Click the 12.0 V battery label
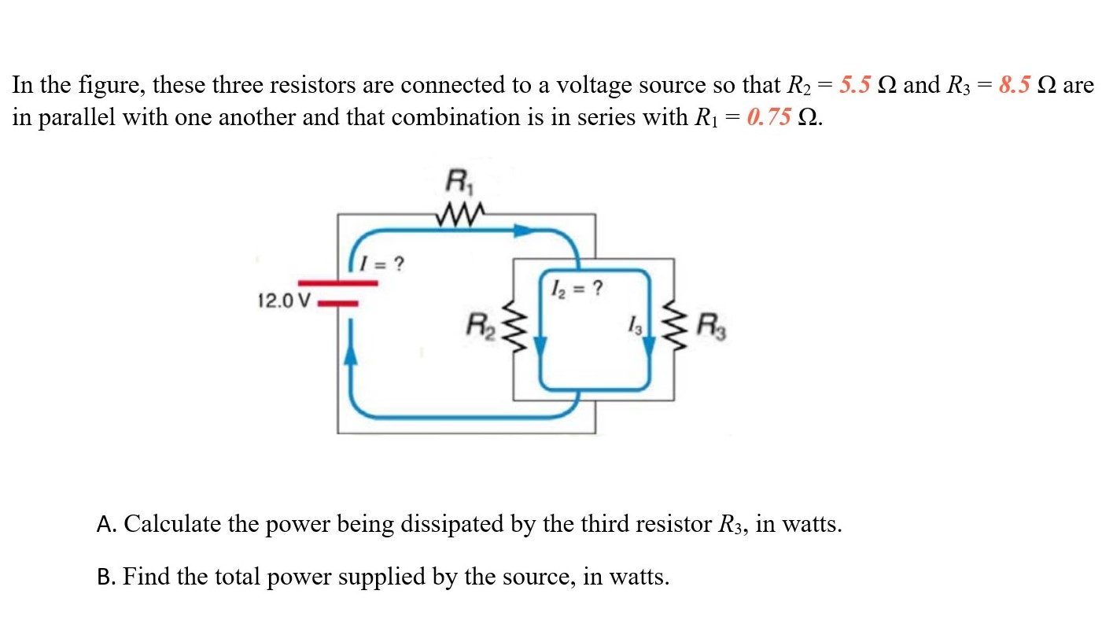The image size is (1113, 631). click(x=284, y=301)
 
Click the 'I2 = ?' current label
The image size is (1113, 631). click(x=580, y=288)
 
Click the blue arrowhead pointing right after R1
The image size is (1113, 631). click(x=522, y=231)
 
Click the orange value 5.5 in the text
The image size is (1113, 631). click(x=854, y=85)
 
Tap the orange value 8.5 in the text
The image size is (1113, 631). click(x=1014, y=85)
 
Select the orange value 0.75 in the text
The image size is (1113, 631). click(x=768, y=118)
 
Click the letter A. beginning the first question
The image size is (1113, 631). click(x=107, y=524)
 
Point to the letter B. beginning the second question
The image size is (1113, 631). click(x=107, y=577)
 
